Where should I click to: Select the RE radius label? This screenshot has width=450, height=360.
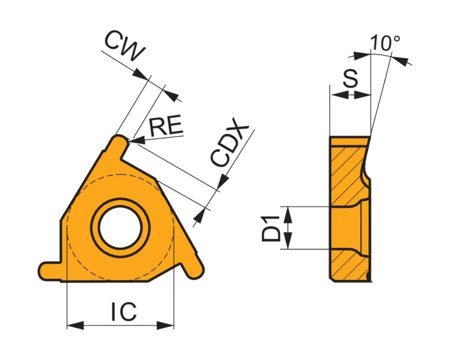165,127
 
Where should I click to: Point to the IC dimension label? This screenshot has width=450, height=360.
124,312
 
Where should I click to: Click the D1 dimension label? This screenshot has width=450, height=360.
271,227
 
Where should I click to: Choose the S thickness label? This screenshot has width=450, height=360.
350,80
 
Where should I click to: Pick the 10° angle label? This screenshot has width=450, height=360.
385,43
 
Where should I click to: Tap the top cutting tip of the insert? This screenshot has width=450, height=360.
119,141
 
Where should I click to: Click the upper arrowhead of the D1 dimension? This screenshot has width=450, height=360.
288,215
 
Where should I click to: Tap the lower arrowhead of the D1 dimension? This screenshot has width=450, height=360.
288,241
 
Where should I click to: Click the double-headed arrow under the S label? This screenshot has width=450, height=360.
350,95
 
